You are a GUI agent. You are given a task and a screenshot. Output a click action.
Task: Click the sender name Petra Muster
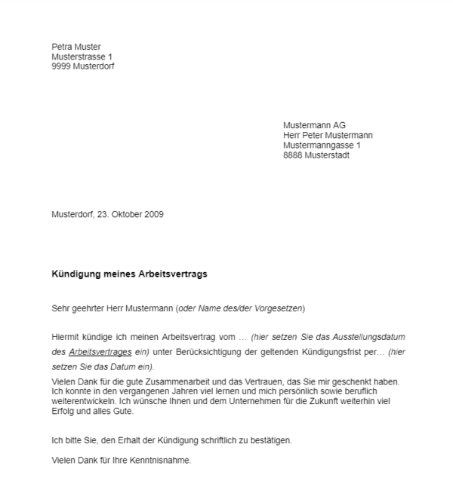click(x=75, y=47)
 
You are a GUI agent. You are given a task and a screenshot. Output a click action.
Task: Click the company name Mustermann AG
click(x=314, y=125)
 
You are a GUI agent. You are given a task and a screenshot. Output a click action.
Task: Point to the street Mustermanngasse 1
click(x=322, y=145)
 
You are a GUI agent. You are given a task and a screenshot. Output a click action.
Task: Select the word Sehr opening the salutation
click(x=60, y=308)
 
